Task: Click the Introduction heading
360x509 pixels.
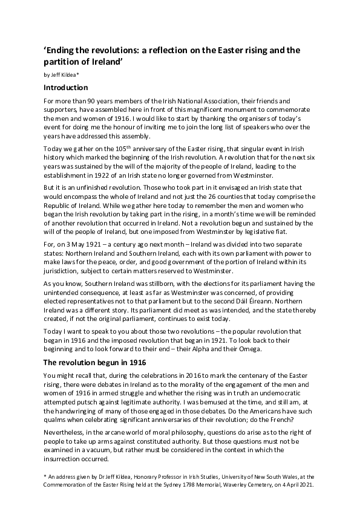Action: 66,88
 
